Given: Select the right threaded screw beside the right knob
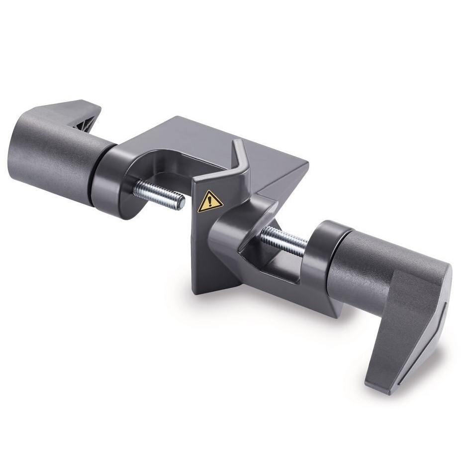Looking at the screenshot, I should pyautogui.click(x=285, y=238).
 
